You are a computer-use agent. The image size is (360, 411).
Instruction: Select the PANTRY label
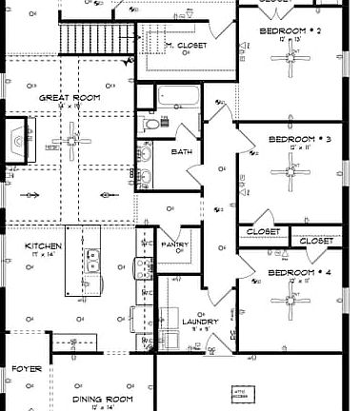[174, 245]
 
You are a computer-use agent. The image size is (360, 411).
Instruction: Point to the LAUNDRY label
[200, 322]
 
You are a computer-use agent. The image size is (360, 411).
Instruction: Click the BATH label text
[180, 152]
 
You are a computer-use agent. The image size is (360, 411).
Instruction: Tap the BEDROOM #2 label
[289, 31]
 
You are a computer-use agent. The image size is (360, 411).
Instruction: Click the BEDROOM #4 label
[298, 273]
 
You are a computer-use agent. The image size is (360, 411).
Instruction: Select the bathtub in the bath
[178, 97]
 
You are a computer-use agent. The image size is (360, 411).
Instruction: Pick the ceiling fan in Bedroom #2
[289, 59]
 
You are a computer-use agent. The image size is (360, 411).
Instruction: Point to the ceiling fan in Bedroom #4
[289, 303]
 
